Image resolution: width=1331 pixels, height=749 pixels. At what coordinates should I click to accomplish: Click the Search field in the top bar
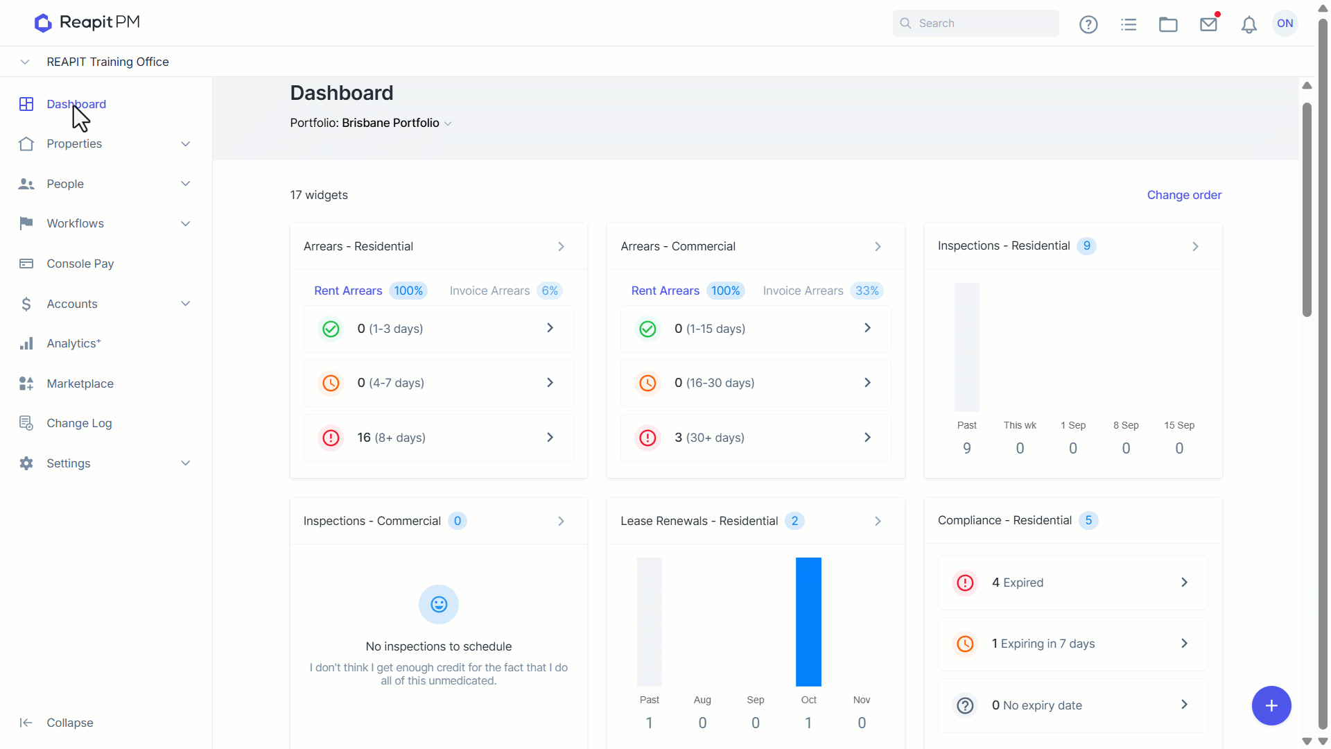click(x=975, y=24)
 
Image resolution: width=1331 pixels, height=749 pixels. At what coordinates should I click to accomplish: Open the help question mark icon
click(x=1088, y=24)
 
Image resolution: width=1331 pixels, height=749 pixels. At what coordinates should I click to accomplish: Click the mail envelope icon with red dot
click(x=1209, y=24)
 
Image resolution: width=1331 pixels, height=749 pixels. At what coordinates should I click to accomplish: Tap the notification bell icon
click(x=1249, y=24)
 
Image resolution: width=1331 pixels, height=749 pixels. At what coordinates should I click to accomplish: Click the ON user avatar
click(x=1285, y=24)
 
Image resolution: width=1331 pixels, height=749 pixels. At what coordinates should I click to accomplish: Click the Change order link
click(x=1184, y=195)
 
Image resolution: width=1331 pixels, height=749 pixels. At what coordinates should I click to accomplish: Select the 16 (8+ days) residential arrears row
click(x=438, y=438)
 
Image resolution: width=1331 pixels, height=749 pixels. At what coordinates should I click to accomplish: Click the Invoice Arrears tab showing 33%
click(x=823, y=291)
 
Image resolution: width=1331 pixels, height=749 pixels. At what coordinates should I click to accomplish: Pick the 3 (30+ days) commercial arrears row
click(x=756, y=438)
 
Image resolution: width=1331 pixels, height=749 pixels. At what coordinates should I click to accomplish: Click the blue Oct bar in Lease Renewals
click(x=808, y=622)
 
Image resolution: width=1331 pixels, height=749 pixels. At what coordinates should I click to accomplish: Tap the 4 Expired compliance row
click(x=1073, y=583)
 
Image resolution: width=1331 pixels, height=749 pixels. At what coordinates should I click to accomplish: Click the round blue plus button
click(x=1271, y=705)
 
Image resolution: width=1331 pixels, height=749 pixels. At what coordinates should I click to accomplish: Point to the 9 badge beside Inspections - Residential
click(x=1086, y=246)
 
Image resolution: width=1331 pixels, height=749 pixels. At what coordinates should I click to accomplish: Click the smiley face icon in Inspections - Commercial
click(x=439, y=604)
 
